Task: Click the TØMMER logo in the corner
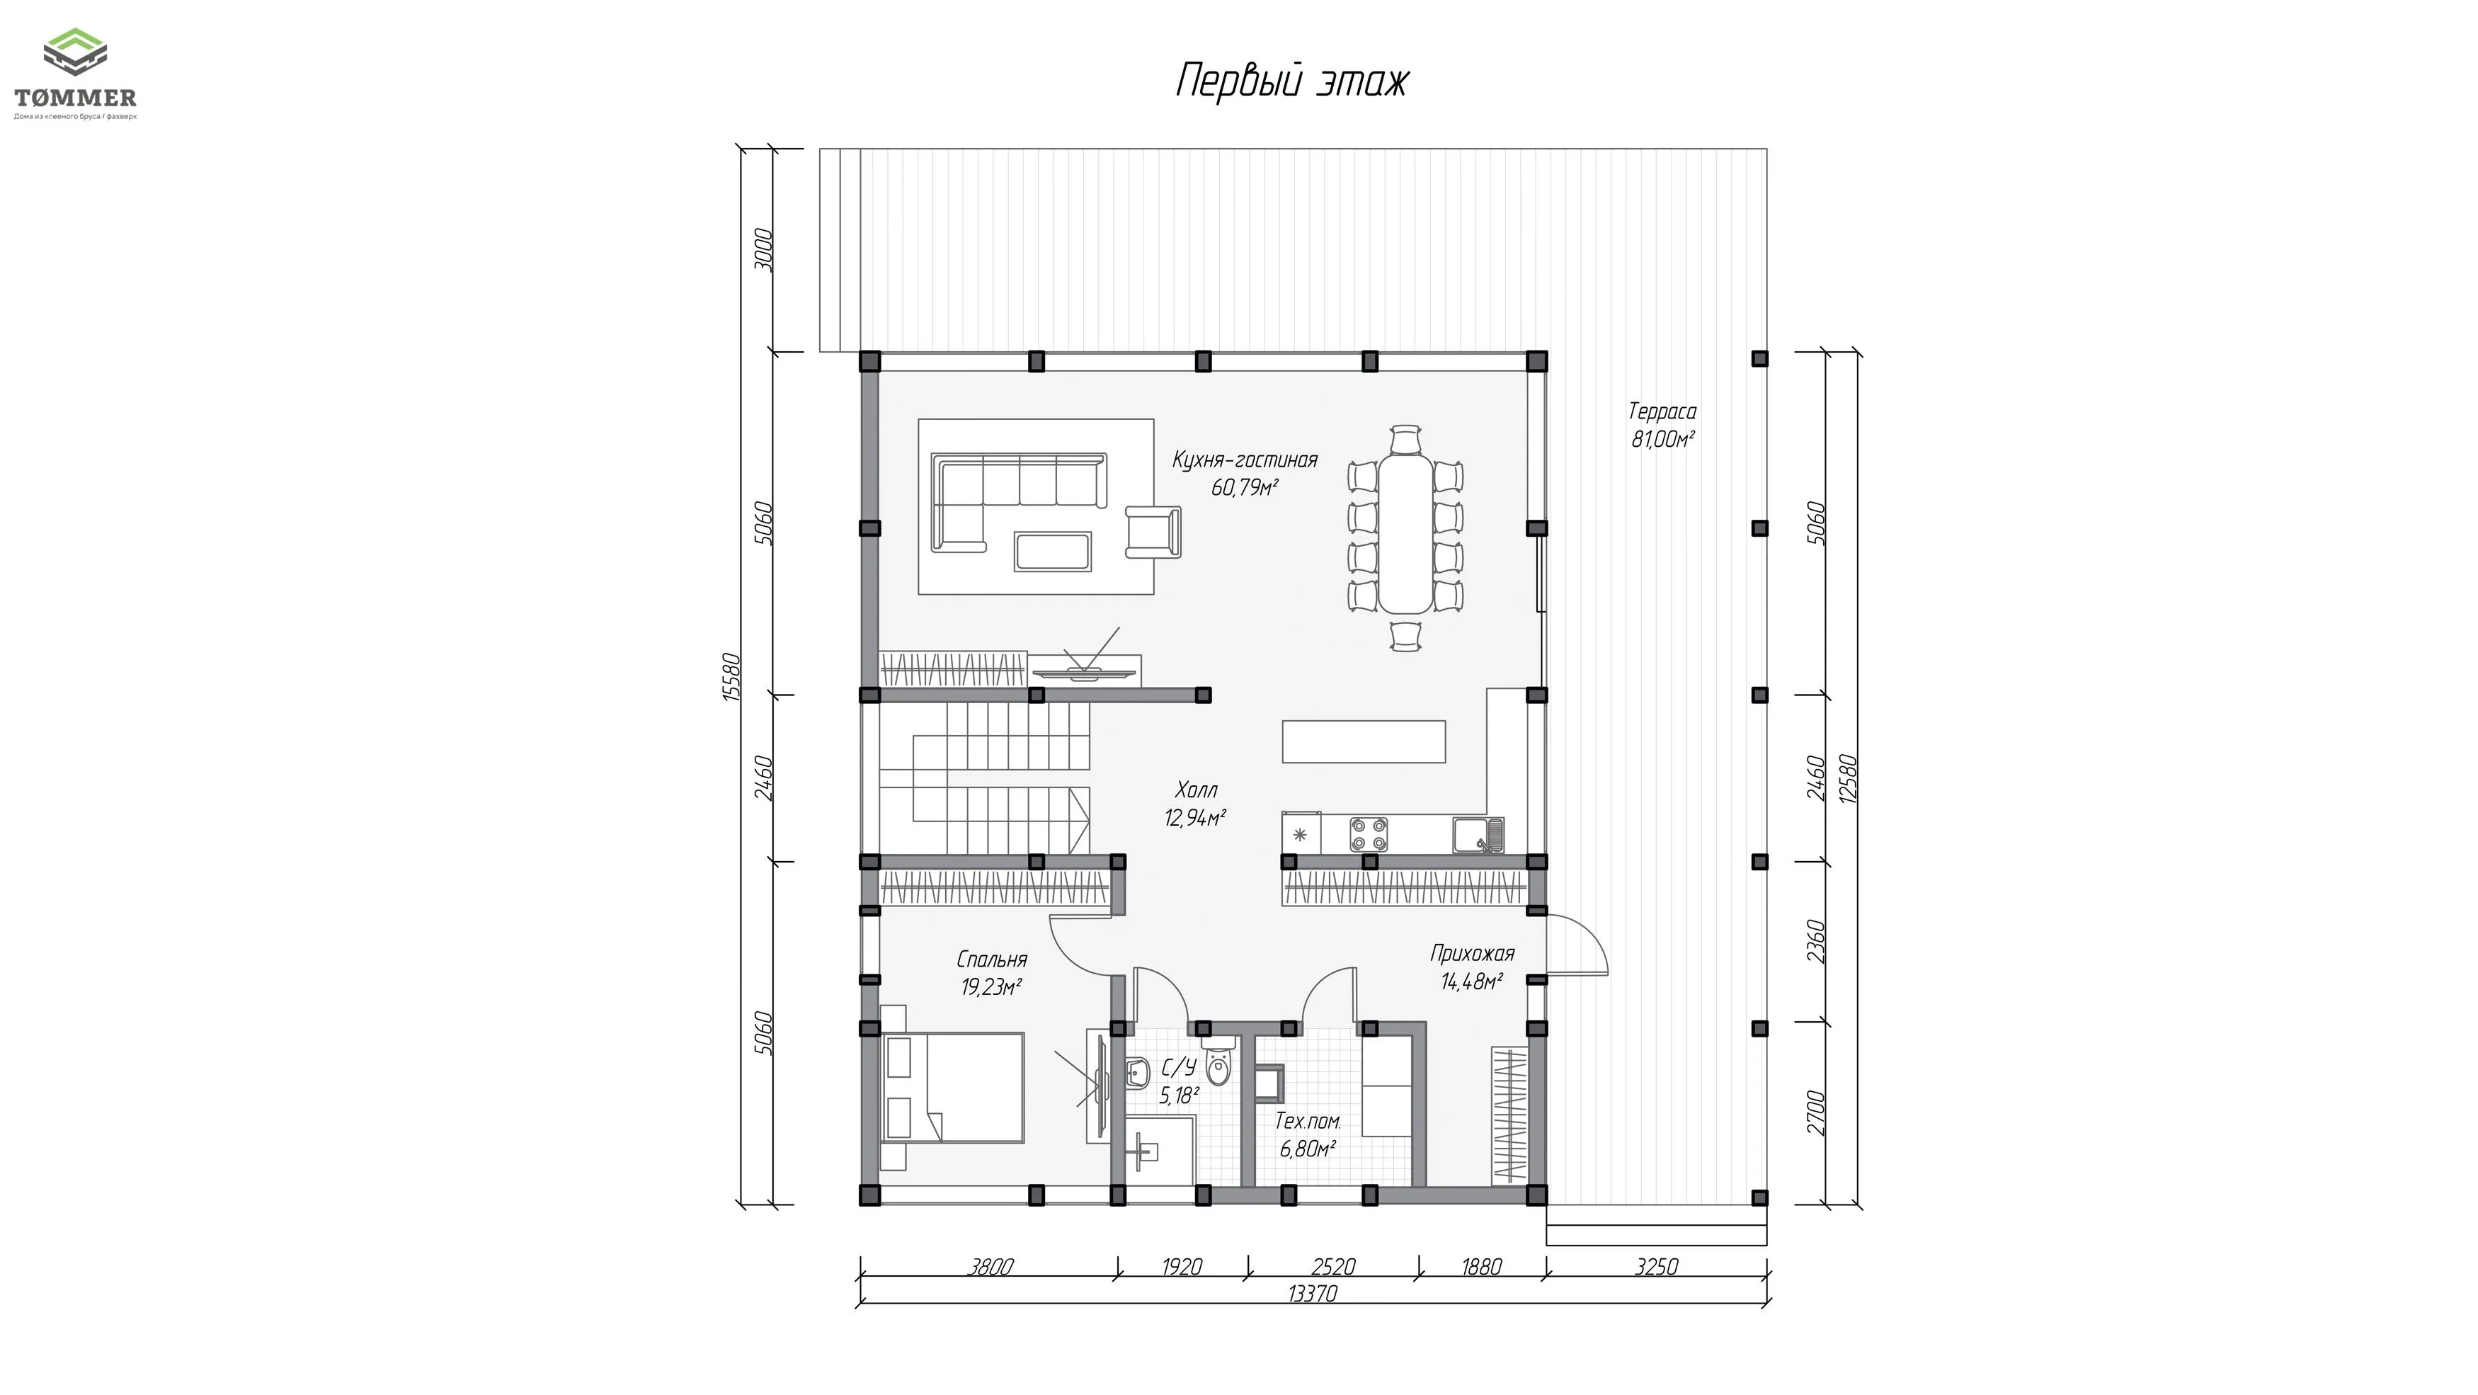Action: (75, 74)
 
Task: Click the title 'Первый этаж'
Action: (1292, 81)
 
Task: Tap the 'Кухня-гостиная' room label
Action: (1245, 460)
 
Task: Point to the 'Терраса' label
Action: (1662, 411)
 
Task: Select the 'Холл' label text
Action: (1197, 790)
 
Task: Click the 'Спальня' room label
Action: (992, 960)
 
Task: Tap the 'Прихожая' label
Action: (1472, 953)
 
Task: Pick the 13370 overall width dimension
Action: (1312, 1294)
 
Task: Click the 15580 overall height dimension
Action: (731, 677)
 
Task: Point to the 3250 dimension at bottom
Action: (1657, 1267)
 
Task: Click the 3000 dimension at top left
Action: (763, 249)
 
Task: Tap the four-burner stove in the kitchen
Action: (1369, 834)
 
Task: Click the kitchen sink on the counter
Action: (1478, 834)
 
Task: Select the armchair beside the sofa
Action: (1153, 531)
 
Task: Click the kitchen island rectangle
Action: (1364, 741)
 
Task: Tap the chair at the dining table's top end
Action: (1406, 439)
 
